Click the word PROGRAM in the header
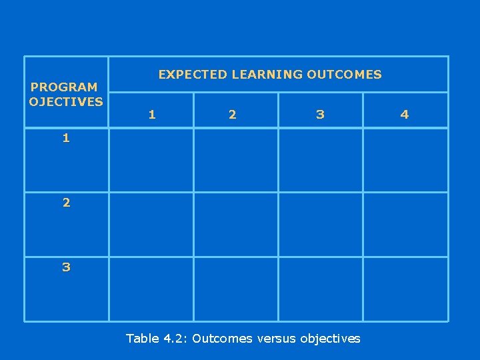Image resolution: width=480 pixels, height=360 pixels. pos(64,87)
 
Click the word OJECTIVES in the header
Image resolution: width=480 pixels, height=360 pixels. pos(66,101)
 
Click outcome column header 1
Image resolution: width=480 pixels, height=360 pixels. pos(152,115)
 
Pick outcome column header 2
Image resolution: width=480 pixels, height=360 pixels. pos(232,115)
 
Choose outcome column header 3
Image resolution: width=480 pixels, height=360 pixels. pos(321,115)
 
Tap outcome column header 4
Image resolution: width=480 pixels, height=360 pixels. pos(404,115)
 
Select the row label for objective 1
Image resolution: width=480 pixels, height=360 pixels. pos(66,139)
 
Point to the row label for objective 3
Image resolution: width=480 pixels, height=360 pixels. pos(66,267)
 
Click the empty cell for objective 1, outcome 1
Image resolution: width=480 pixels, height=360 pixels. pos(151,160)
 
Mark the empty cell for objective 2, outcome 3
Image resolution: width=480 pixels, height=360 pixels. pos(321,224)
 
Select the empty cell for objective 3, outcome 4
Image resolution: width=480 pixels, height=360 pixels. pos(405,289)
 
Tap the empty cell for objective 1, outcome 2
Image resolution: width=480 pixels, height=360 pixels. pos(236,160)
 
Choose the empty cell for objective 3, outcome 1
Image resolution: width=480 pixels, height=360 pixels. pos(151,289)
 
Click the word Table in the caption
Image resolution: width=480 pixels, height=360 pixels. pos(143,339)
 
